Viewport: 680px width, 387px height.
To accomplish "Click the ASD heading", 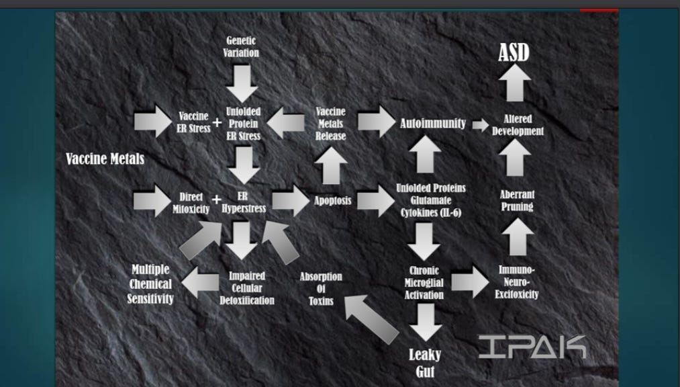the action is tap(514, 52).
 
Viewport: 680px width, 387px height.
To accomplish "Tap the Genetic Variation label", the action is tap(241, 47).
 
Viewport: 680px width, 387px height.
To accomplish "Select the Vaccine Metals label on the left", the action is tap(105, 159).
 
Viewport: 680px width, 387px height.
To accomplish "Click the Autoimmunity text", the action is tap(433, 123).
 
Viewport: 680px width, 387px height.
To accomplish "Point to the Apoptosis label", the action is tap(333, 200).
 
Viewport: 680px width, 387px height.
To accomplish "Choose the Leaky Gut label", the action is tap(425, 363).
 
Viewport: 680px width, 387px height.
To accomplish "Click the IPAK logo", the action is tap(532, 347).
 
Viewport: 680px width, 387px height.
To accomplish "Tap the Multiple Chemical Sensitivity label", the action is tap(150, 284).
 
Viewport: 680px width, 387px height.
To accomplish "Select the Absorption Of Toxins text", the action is tap(321, 288).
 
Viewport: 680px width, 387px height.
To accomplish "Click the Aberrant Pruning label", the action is tap(517, 200).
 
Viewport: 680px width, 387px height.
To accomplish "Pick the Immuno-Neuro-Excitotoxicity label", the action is tap(516, 282).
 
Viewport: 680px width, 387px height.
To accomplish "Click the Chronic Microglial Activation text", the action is tap(424, 283).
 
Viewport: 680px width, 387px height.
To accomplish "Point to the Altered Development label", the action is tap(518, 125).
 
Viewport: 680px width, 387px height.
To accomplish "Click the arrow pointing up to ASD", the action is tap(515, 83).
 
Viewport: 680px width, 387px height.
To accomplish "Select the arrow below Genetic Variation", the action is tap(242, 84).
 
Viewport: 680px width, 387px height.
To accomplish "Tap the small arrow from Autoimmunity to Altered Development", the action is tap(481, 125).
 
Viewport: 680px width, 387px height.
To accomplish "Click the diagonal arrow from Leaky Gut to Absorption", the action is tap(371, 319).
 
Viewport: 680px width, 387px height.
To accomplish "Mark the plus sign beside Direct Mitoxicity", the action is tap(216, 200).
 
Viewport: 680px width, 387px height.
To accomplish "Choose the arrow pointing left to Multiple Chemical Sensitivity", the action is tap(200, 282).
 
